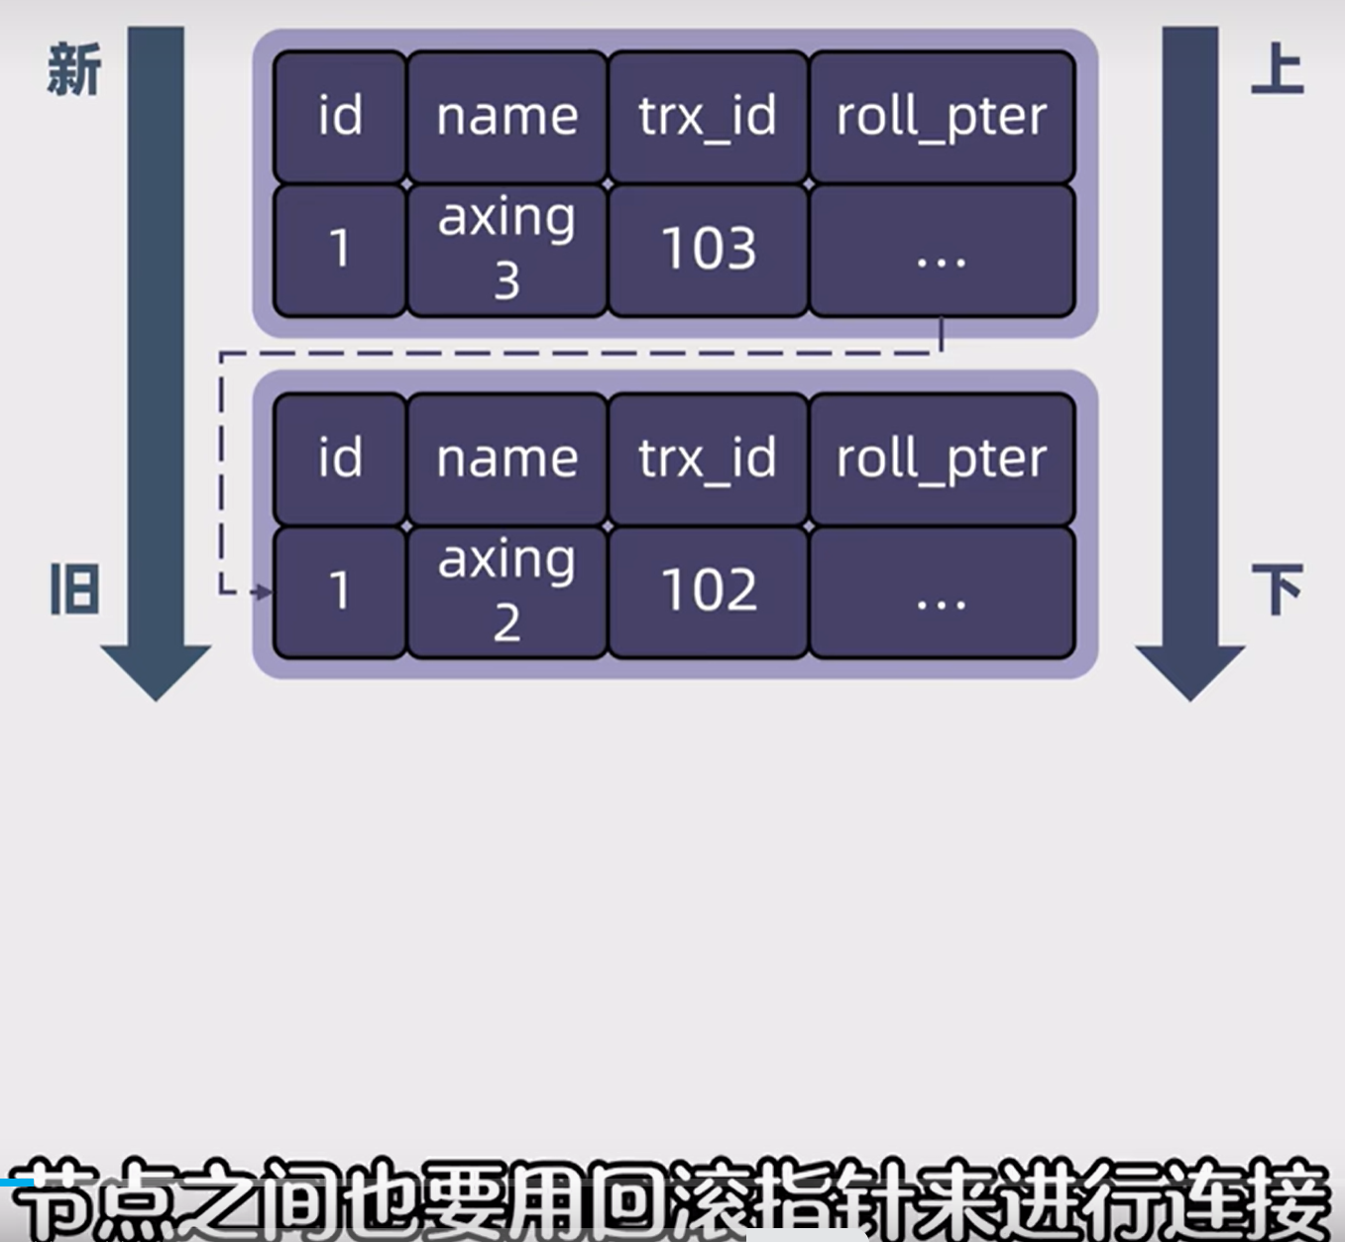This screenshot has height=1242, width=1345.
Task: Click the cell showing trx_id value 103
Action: click(x=708, y=249)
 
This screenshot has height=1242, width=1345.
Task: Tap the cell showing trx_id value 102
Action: click(x=708, y=591)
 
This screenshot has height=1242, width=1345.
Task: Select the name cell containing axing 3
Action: click(x=506, y=249)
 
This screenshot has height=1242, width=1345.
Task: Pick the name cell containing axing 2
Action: click(x=506, y=591)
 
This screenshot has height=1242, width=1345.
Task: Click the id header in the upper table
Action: click(x=340, y=116)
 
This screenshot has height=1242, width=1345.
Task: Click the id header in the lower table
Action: click(x=340, y=458)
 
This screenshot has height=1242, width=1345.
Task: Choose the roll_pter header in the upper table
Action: click(x=942, y=116)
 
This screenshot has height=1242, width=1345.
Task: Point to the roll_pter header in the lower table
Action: click(x=942, y=458)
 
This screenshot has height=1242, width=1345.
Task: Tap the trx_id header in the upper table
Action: click(x=708, y=116)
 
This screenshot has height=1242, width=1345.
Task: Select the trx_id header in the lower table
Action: click(x=708, y=458)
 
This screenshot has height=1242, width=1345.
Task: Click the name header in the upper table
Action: click(x=506, y=116)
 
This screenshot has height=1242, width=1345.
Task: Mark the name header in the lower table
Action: click(x=506, y=458)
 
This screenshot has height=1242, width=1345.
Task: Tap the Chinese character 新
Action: click(x=74, y=70)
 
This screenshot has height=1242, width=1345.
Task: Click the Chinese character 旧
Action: click(x=74, y=590)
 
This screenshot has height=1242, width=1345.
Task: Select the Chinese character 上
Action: click(x=1277, y=68)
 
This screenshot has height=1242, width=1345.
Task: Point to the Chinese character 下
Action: click(x=1277, y=590)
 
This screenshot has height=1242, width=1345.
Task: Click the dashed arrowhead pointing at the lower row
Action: click(x=263, y=592)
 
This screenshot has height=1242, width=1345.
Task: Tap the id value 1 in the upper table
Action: click(x=340, y=249)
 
